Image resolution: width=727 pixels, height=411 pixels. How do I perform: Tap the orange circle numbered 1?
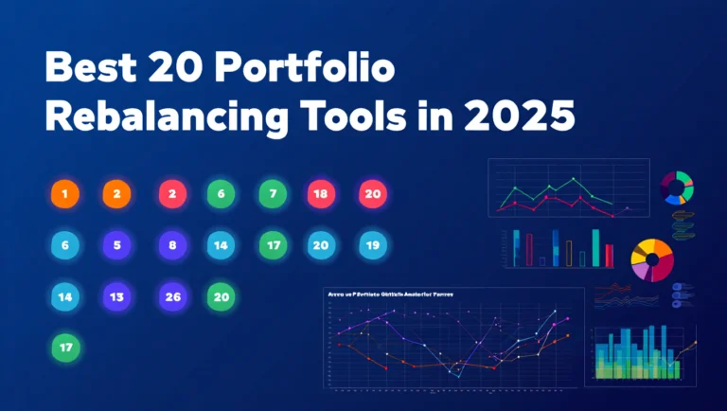click(65, 194)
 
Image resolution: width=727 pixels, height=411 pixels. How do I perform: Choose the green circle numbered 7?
click(273, 194)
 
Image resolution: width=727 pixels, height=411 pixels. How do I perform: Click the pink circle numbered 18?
click(321, 194)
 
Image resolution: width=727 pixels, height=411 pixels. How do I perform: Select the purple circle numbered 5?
click(116, 245)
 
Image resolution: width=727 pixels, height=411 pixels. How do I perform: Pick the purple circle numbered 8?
click(172, 245)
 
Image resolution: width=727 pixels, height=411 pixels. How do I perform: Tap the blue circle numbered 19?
click(373, 245)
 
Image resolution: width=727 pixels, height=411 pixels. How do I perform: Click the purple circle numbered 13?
click(116, 296)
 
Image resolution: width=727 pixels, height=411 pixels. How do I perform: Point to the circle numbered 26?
click(172, 296)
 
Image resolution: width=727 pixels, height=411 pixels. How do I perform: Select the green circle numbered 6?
click(222, 194)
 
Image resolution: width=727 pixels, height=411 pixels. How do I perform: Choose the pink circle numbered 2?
click(172, 194)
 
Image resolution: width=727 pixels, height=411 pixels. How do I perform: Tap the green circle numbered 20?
click(222, 296)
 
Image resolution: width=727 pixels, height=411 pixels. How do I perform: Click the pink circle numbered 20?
click(373, 194)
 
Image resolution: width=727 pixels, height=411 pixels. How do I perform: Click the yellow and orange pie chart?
click(650, 258)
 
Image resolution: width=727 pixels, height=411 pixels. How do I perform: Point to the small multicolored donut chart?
click(678, 188)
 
